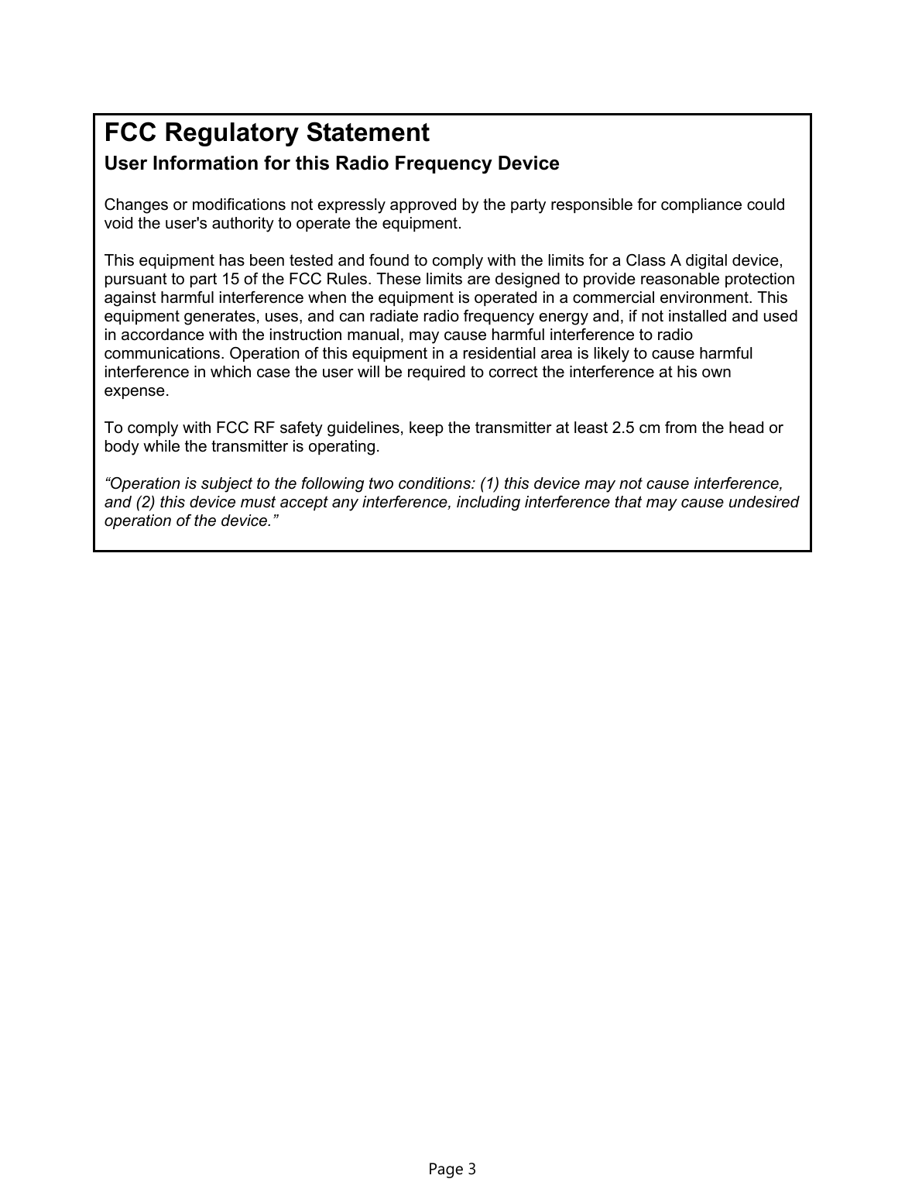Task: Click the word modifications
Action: [237, 205]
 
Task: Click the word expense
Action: [135, 391]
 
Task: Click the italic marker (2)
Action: [145, 503]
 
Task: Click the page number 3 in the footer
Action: [471, 1169]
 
